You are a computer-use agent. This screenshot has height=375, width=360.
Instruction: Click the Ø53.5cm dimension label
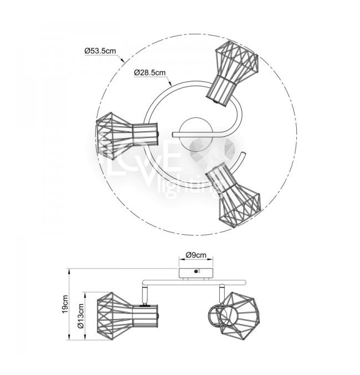coord(100,51)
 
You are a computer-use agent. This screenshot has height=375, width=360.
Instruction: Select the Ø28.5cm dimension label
coord(150,72)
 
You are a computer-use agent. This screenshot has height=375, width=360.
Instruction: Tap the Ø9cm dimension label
coord(196,255)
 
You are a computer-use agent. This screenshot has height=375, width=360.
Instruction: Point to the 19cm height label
coord(65,304)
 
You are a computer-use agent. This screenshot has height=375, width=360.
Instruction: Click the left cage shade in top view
coord(127,136)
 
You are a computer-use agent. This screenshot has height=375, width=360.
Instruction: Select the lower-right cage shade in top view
coord(234,195)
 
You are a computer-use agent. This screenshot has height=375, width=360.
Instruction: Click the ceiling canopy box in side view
coord(196,273)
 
